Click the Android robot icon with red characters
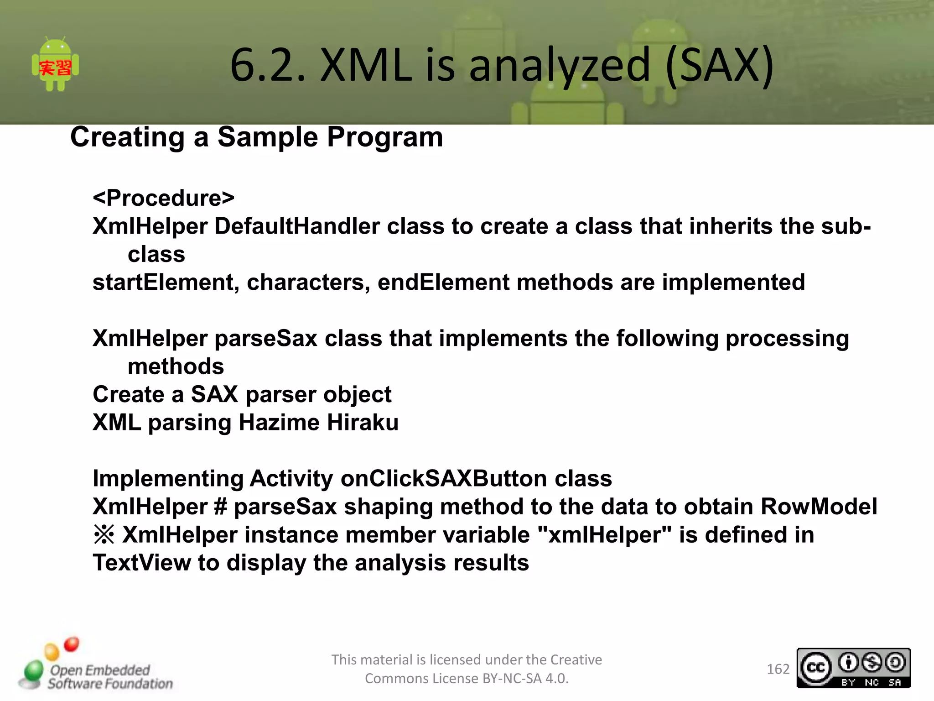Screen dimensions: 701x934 pos(55,64)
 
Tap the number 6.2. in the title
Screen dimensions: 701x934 pos(267,65)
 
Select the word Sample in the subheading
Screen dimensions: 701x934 pos(268,136)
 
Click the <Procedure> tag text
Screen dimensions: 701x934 pos(163,198)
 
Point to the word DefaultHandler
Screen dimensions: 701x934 pos(297,226)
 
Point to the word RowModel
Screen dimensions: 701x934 pos(819,507)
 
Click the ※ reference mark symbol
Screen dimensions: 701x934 pos(104,534)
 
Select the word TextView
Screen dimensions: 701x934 pos(142,563)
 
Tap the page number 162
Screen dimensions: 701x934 pos(778,669)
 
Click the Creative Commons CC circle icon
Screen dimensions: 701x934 pos(816,668)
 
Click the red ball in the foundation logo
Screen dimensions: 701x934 pos(72,644)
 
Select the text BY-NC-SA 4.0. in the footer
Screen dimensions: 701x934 pos(525,679)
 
